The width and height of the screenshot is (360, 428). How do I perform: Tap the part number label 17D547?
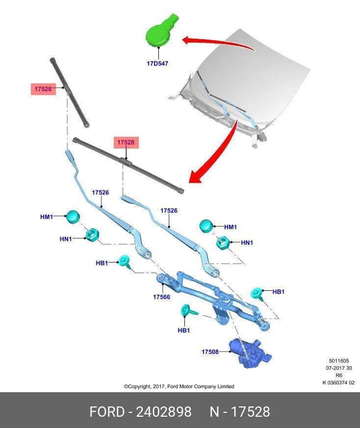tap(157, 63)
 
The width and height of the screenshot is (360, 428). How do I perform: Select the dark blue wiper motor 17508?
tap(250, 353)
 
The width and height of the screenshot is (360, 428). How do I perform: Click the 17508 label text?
tap(210, 352)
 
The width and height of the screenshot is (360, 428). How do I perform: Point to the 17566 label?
tap(161, 297)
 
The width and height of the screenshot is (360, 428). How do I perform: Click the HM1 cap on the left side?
tap(73, 217)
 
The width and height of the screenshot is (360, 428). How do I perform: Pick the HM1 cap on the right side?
tap(206, 226)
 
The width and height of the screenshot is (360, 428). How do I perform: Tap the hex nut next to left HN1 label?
tap(92, 235)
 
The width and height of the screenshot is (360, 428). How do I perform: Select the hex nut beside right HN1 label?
tap(222, 242)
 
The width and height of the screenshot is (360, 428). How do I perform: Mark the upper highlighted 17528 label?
tap(43, 89)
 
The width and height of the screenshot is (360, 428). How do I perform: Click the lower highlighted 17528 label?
tap(126, 143)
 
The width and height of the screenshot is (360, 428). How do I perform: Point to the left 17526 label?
tap(100, 193)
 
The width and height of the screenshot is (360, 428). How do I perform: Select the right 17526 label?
tap(169, 210)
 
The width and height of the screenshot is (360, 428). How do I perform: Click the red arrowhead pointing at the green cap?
tap(188, 40)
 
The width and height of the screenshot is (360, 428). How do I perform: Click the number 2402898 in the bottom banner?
tap(164, 412)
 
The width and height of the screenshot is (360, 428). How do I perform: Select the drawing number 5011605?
tap(339, 361)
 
